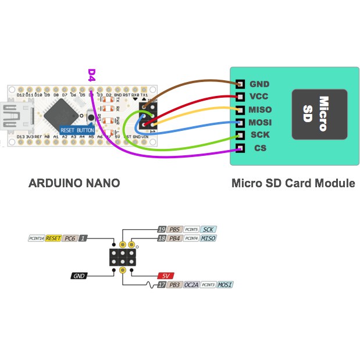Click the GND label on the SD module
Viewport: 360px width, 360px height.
pyautogui.click(x=259, y=84)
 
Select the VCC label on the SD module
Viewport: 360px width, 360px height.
pyautogui.click(x=259, y=97)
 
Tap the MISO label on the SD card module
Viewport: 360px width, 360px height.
pyautogui.click(x=261, y=110)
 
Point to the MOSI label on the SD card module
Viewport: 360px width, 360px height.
pyautogui.click(x=261, y=123)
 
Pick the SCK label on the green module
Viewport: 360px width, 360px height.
pyautogui.click(x=259, y=135)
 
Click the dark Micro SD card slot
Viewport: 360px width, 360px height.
pyautogui.click(x=319, y=114)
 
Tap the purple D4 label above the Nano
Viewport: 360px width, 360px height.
pyautogui.click(x=91, y=74)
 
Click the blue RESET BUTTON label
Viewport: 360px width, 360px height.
pyautogui.click(x=77, y=130)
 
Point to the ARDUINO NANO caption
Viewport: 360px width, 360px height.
pyautogui.click(x=74, y=183)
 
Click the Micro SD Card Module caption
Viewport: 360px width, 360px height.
pyautogui.click(x=293, y=183)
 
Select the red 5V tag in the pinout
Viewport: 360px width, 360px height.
pyautogui.click(x=166, y=276)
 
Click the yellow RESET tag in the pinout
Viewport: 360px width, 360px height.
pyautogui.click(x=54, y=238)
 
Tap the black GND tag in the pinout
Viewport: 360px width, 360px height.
pyautogui.click(x=80, y=276)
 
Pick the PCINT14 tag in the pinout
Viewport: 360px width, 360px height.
pyautogui.click(x=36, y=238)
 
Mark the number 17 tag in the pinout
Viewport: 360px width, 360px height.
pyautogui.click(x=162, y=285)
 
